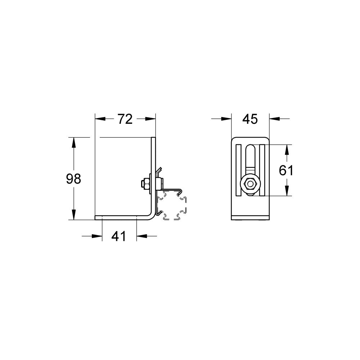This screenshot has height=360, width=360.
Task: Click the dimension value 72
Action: click(125, 119)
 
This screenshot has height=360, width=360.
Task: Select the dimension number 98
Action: click(73, 179)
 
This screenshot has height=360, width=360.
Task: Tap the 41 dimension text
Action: click(119, 236)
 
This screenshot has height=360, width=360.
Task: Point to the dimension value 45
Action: click(250, 119)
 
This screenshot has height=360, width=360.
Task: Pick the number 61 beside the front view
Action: click(286, 170)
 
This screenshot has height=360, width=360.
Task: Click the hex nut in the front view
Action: click(249, 184)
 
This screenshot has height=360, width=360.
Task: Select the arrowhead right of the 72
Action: click(150, 119)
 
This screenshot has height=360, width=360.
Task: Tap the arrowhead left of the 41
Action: click(97, 236)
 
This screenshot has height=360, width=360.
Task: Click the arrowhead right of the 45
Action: click(274, 119)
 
